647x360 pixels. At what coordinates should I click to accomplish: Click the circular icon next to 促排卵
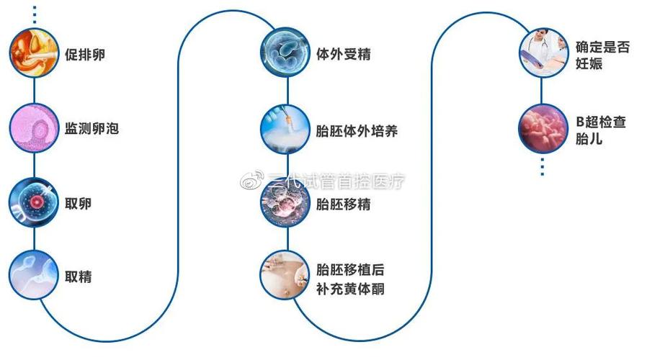click(x=35, y=53)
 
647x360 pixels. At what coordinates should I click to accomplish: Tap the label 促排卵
click(x=84, y=55)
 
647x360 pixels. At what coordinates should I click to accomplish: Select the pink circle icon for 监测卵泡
click(x=35, y=128)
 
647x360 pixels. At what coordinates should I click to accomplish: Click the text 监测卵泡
click(x=92, y=128)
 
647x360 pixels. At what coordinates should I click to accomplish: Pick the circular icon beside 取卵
click(x=35, y=202)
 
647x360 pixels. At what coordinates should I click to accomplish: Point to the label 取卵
click(x=78, y=203)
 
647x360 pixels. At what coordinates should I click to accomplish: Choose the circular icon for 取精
click(x=35, y=274)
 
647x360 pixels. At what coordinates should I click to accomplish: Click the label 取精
click(x=78, y=276)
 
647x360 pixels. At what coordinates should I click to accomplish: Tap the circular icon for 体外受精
click(x=285, y=53)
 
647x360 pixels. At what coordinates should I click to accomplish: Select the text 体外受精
click(x=343, y=54)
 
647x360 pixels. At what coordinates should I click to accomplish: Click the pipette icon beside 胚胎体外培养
click(x=285, y=129)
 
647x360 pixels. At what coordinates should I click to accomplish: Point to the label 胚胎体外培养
click(x=357, y=131)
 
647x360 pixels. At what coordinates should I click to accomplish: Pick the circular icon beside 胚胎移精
click(x=285, y=202)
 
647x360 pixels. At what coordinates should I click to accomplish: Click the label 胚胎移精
click(x=343, y=204)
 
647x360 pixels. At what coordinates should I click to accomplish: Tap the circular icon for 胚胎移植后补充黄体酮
click(x=285, y=274)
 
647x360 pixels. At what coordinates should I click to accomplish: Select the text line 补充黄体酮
click(x=350, y=289)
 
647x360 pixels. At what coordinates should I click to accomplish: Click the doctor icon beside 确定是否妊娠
click(x=544, y=53)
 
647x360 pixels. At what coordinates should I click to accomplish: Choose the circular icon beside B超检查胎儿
click(x=543, y=129)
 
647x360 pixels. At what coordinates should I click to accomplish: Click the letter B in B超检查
click(x=580, y=122)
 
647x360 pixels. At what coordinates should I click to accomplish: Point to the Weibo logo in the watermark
click(x=252, y=179)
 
